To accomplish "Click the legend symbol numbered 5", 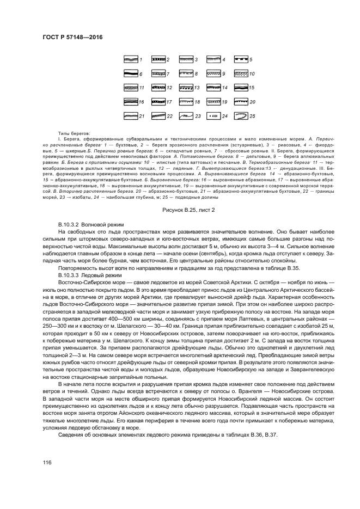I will point(241,59).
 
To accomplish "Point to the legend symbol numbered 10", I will point(241,73).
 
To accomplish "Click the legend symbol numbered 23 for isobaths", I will point(185,115).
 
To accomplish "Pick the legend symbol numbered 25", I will point(241,115).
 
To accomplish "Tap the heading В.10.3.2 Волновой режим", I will point(90,209).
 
